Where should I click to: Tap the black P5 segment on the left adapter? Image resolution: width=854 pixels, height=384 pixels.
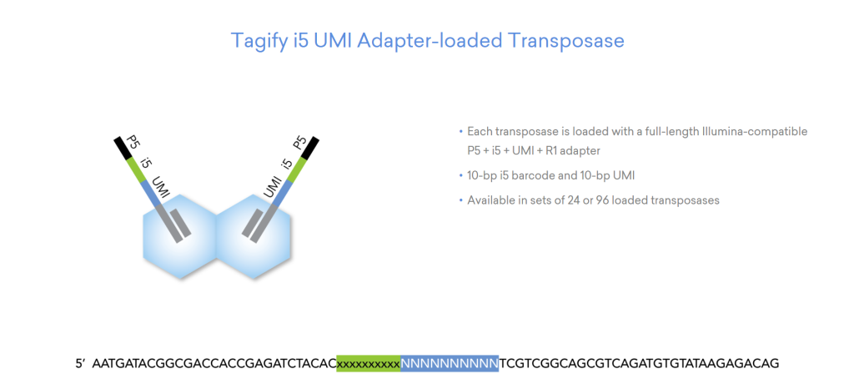121,148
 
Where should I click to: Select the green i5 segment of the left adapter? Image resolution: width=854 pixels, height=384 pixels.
136,169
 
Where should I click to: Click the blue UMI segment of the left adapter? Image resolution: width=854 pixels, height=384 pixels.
152,194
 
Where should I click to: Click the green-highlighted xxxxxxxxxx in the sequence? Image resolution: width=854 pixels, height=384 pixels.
369,363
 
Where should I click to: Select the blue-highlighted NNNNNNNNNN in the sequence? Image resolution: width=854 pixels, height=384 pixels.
450,363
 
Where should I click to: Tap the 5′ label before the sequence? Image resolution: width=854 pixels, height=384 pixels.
81,363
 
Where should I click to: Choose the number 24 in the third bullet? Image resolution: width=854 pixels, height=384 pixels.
578,200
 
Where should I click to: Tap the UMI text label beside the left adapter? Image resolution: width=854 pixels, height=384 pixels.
162,185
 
